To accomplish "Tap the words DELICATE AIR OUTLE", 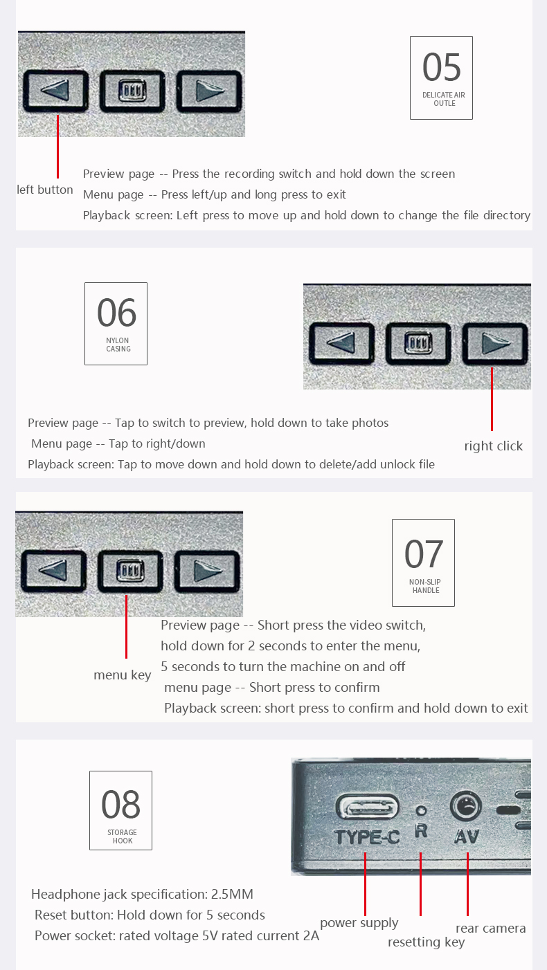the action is pyautogui.click(x=444, y=99).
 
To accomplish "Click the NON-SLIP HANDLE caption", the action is pyautogui.click(x=424, y=586).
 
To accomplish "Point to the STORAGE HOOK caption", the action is pyautogui.click(x=123, y=836).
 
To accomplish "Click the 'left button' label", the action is pyautogui.click(x=44, y=190).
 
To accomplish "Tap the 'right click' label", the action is pyautogui.click(x=493, y=446).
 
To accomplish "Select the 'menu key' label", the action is pyautogui.click(x=123, y=675).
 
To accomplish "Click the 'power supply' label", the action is pyautogui.click(x=359, y=923).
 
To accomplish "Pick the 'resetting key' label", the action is pyautogui.click(x=426, y=942).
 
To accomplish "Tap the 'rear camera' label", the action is pyautogui.click(x=491, y=928).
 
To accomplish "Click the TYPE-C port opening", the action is pyautogui.click(x=367, y=808).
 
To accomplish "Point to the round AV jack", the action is pyautogui.click(x=466, y=806).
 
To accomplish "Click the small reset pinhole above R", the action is pyautogui.click(x=421, y=809).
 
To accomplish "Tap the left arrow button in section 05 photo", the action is pyautogui.click(x=55, y=91).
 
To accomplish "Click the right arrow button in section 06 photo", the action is pyautogui.click(x=495, y=343).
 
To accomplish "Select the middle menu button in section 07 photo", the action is pyautogui.click(x=130, y=571).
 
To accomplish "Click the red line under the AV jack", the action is pyautogui.click(x=467, y=884).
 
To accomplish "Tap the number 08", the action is pyautogui.click(x=121, y=804).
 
